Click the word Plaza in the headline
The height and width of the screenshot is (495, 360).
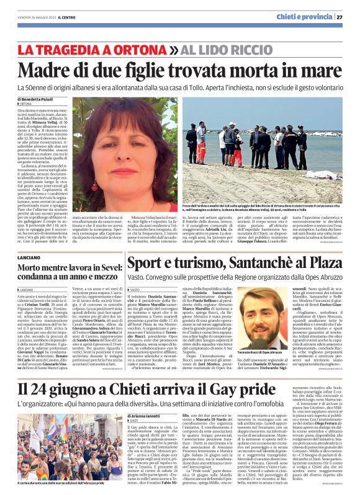pyautogui.click(x=322, y=263)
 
